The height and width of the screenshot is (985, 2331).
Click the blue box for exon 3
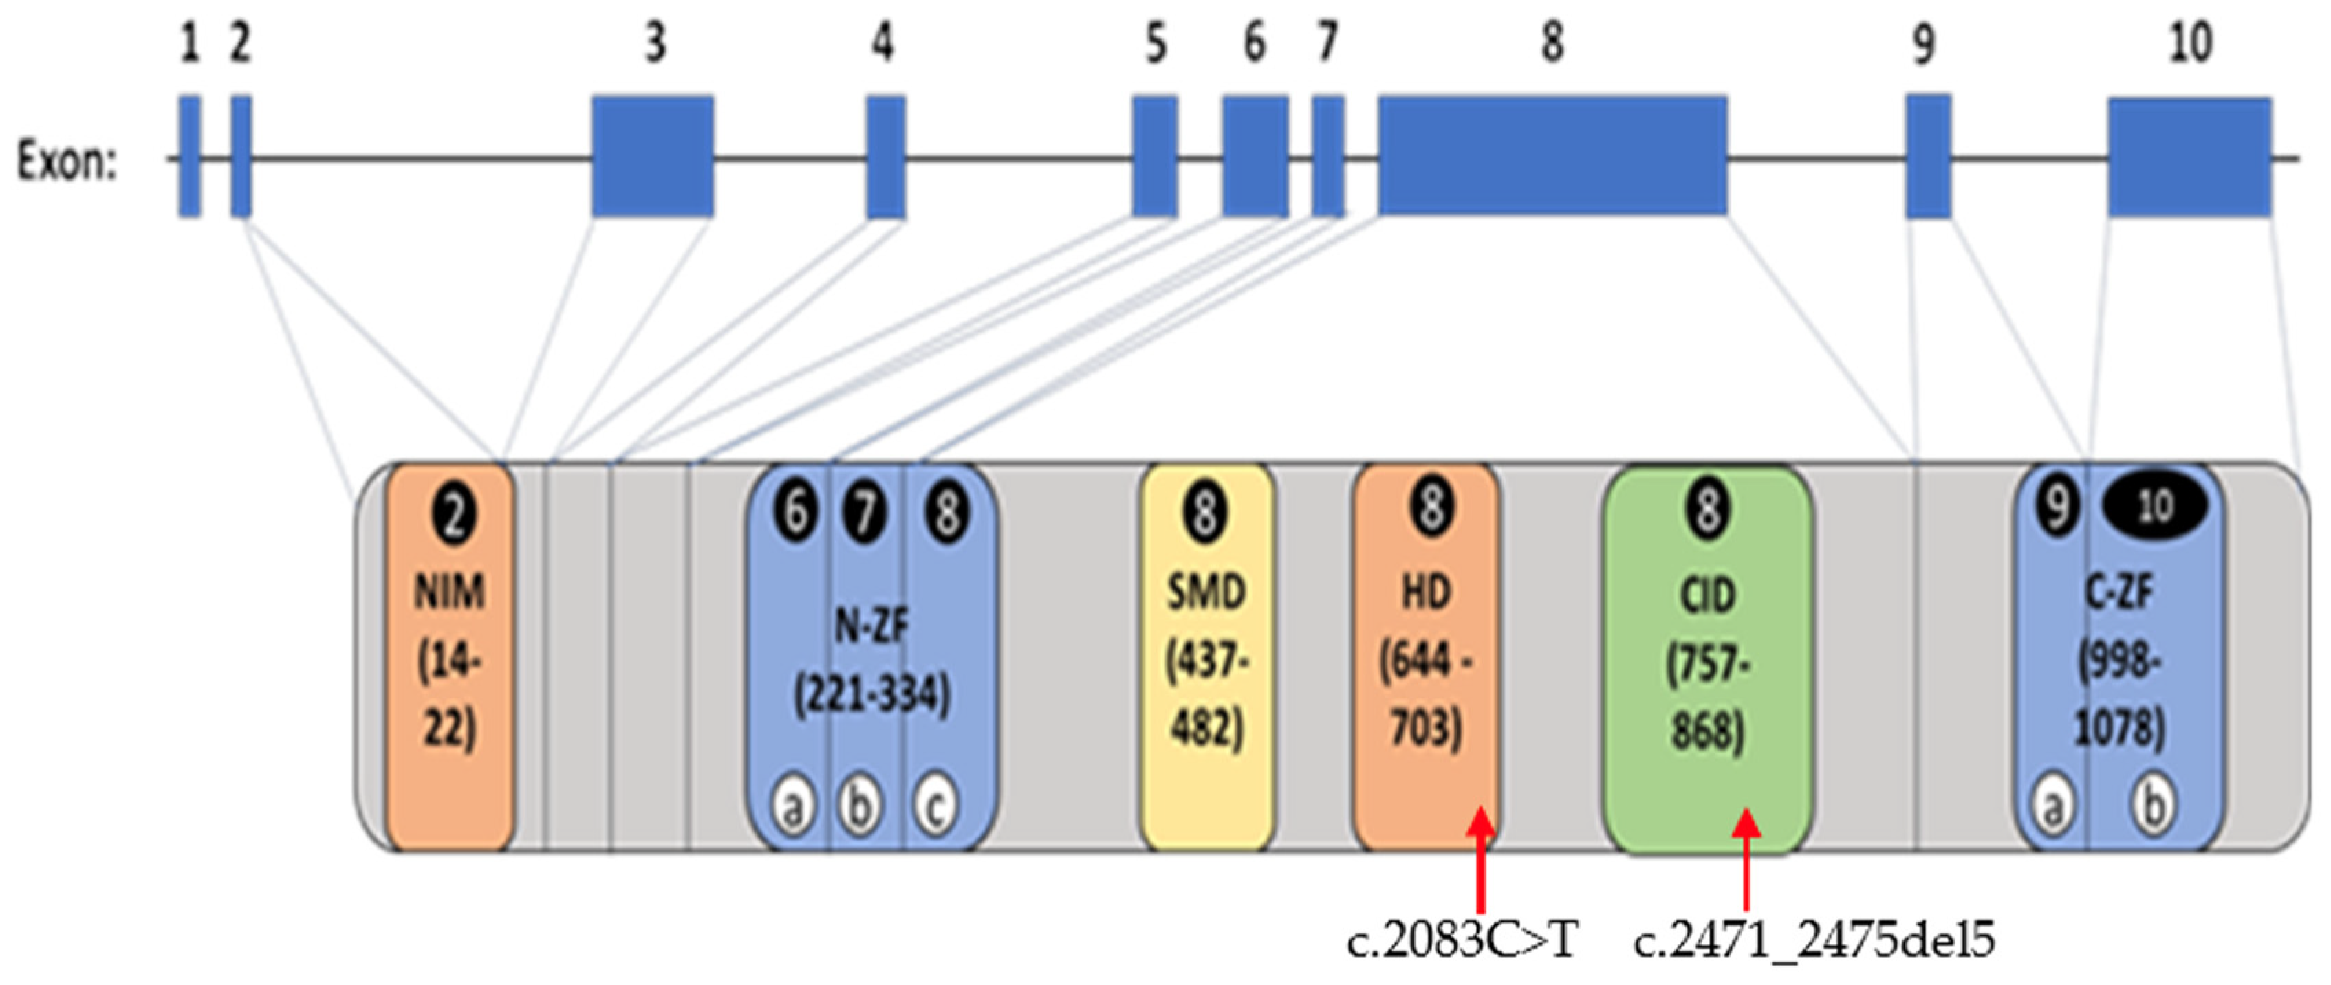[x=653, y=157]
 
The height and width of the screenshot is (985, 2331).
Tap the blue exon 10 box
[x=2189, y=157]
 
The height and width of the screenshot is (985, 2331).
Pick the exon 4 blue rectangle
[x=886, y=157]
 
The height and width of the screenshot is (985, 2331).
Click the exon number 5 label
[x=1156, y=43]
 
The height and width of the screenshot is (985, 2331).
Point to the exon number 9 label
[x=1923, y=43]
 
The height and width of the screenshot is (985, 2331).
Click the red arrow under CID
[x=1746, y=859]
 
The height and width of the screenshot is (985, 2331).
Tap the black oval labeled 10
[x=2154, y=507]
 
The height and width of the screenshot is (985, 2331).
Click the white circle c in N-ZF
[x=935, y=804]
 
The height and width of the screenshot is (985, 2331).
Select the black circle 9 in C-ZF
[x=2056, y=507]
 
